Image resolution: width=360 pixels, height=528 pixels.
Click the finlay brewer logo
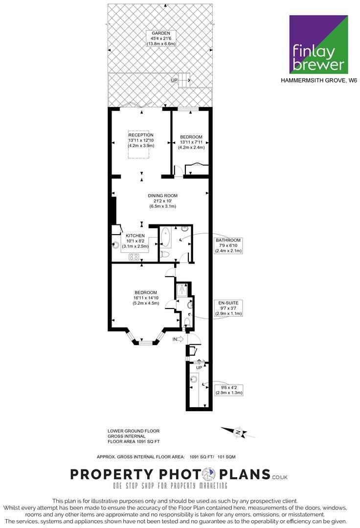coord(318,44)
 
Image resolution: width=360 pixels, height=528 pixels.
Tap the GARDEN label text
coord(160,33)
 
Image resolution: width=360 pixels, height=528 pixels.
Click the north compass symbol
coord(237,432)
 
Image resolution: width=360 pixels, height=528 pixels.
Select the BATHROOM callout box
coord(228,245)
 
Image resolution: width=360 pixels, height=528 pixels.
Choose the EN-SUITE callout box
coord(228,308)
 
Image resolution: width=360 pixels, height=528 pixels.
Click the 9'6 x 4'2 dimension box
coord(228,390)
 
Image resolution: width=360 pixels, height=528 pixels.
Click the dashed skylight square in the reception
coord(139,144)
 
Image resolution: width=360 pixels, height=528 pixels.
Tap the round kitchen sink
coord(116,246)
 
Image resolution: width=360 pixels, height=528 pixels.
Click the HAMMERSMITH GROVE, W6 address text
coord(318,81)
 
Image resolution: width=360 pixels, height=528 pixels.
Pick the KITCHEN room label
coord(135,236)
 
